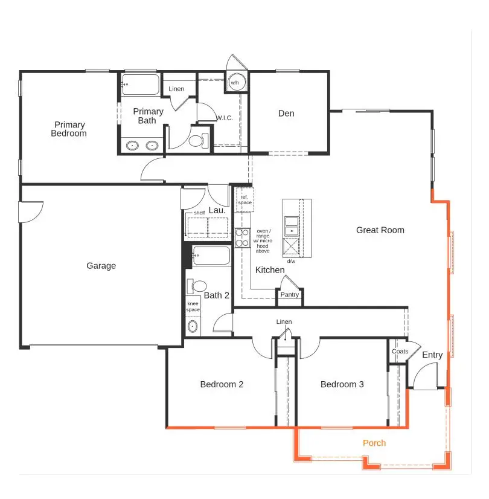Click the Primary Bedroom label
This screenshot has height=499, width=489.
[x=68, y=129]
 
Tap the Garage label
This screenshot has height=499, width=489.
[x=101, y=266]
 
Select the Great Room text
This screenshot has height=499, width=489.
[x=380, y=230]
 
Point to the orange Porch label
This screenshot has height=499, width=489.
[x=374, y=443]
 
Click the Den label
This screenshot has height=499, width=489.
[x=286, y=114]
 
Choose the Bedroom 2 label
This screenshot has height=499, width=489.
[x=222, y=384]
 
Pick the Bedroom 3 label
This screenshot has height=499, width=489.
[x=342, y=384]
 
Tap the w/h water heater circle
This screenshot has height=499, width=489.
[x=235, y=83]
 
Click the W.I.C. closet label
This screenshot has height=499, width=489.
[x=225, y=118]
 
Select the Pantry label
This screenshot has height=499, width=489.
[x=289, y=295]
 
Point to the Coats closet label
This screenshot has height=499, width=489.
[x=400, y=352]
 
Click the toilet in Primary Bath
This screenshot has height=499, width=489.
[x=196, y=141]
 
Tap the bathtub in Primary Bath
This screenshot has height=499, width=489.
[x=140, y=85]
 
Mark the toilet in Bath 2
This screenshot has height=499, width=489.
[x=197, y=286]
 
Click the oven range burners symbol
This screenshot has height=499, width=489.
[x=242, y=237]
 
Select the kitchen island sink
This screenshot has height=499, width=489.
[x=292, y=225]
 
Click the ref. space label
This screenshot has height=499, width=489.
[x=245, y=200]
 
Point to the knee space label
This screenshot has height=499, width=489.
[x=193, y=306]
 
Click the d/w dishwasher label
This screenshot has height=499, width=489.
[x=291, y=261]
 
